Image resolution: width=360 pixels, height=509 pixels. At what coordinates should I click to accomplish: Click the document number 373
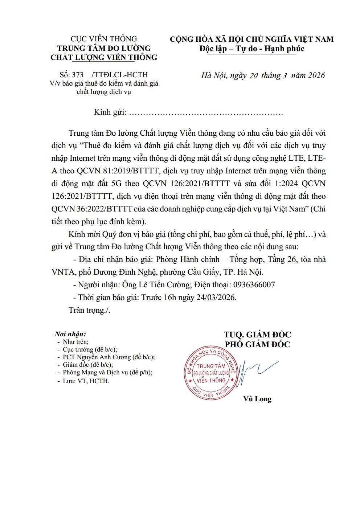click(78, 75)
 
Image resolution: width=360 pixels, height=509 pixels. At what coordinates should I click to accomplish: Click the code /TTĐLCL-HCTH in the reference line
click(120, 75)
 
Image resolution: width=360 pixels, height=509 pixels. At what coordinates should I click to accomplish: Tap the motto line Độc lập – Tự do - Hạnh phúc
click(252, 49)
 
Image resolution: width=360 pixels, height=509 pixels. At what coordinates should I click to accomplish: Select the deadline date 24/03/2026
click(214, 297)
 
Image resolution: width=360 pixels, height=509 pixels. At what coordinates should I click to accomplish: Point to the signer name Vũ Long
click(257, 399)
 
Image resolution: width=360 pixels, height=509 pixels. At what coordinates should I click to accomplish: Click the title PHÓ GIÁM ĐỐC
click(258, 344)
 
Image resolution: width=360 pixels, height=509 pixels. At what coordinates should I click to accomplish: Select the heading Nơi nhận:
click(70, 334)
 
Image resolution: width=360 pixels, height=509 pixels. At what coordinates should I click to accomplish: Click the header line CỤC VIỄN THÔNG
click(104, 39)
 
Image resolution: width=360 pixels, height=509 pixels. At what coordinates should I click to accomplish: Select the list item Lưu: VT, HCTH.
click(86, 381)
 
